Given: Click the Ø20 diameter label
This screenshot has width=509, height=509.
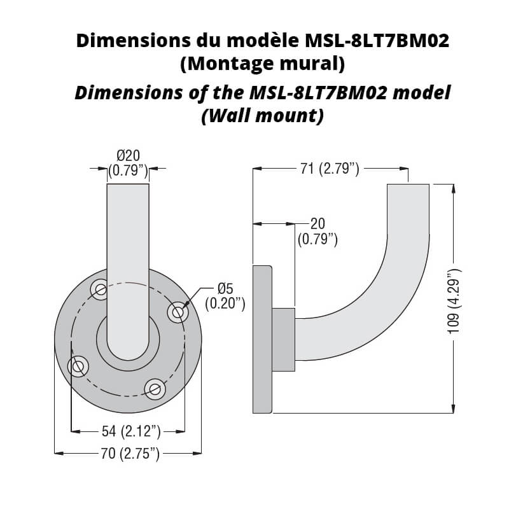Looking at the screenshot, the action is click(x=129, y=156).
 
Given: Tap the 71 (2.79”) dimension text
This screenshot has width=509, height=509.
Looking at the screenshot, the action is click(x=330, y=169).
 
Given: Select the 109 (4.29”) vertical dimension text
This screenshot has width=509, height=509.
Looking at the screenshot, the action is click(x=454, y=301).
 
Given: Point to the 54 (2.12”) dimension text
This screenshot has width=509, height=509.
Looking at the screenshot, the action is click(x=131, y=431).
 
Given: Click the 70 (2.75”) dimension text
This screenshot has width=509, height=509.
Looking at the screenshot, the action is click(x=130, y=453).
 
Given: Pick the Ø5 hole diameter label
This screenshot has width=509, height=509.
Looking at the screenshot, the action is click(x=226, y=288).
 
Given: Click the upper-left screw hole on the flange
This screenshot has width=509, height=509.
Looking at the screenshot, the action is click(x=100, y=289).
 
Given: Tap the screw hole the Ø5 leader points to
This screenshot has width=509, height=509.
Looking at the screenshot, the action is click(x=178, y=312).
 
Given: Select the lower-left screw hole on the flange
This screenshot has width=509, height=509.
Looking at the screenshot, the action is click(x=78, y=366).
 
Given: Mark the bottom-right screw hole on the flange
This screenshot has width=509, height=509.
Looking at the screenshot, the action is click(x=155, y=389).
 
